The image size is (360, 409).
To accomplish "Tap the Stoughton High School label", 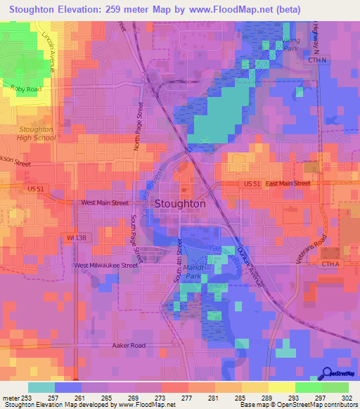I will click(35, 134).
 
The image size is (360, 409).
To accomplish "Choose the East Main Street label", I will click(288, 183).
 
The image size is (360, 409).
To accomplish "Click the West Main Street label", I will click(105, 202).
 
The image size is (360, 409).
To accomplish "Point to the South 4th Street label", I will click(180, 261).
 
